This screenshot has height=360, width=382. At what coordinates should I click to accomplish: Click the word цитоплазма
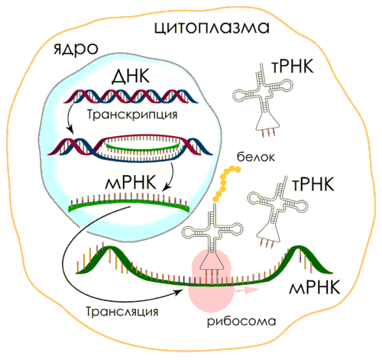(212, 28)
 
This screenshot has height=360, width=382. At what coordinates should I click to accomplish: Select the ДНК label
(131, 76)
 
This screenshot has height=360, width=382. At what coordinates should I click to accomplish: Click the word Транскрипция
(132, 115)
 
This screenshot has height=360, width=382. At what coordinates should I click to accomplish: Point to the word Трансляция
(122, 311)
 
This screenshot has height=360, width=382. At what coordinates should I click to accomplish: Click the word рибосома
(241, 322)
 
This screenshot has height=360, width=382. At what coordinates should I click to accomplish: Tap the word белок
(256, 157)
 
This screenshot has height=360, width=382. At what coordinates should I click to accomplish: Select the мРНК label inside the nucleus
(131, 183)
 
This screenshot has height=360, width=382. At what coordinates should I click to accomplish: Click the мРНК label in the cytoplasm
(314, 287)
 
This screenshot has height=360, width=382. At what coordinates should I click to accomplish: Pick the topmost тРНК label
(293, 66)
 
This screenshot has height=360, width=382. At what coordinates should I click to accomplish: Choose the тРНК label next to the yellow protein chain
(312, 184)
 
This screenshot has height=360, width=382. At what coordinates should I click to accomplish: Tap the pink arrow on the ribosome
(246, 290)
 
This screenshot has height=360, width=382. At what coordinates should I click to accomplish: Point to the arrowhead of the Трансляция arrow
(180, 292)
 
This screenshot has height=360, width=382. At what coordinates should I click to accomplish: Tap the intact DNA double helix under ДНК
(131, 96)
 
